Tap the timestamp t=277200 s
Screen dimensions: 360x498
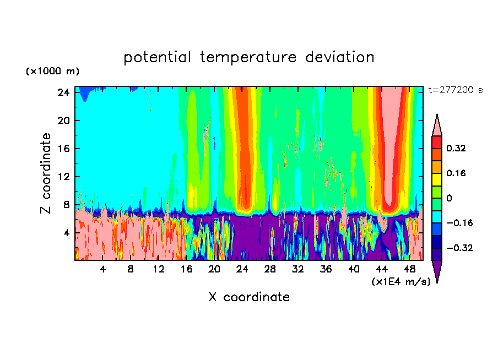(455, 90)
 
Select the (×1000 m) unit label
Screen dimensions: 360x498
(52, 72)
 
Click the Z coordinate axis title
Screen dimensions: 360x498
(46, 173)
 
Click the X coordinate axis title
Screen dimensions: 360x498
(249, 297)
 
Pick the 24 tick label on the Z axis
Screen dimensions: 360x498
(62, 92)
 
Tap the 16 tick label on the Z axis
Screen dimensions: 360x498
(62, 149)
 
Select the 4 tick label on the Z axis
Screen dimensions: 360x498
(64, 233)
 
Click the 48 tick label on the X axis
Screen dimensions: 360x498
(410, 270)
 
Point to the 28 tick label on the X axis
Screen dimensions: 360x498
(270, 270)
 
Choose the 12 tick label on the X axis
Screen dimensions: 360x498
(158, 270)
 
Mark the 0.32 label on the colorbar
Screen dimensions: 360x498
(457, 148)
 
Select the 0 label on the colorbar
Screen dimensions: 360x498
(450, 198)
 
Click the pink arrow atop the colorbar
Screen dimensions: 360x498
(437, 125)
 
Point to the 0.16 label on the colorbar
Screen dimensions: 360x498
(457, 173)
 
